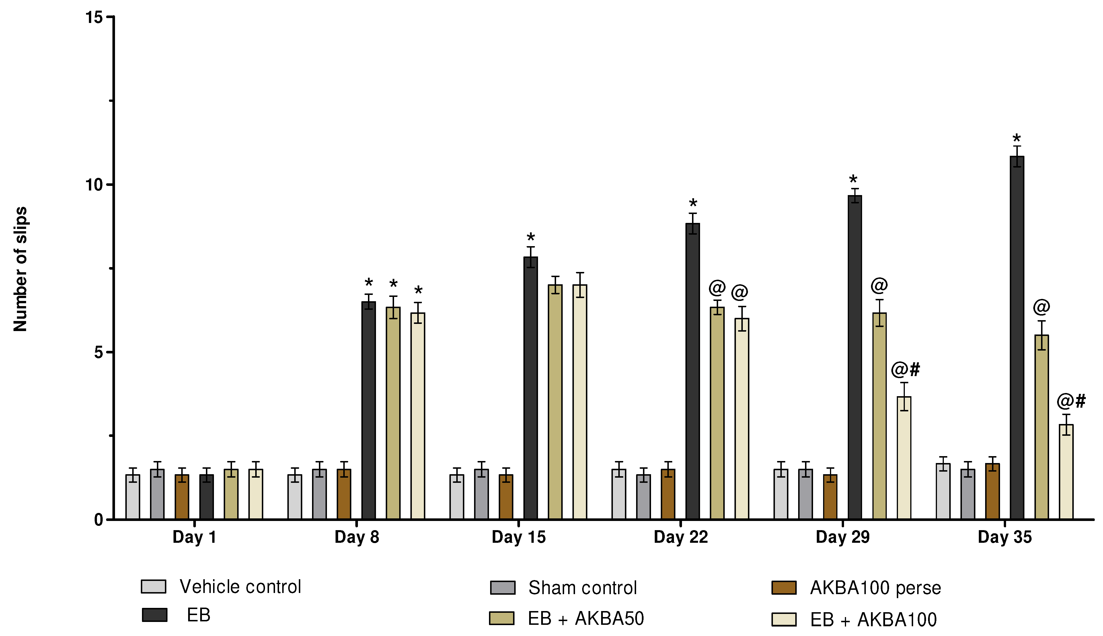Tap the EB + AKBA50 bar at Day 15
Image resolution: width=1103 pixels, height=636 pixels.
click(555, 402)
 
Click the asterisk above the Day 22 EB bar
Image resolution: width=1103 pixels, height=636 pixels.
click(693, 204)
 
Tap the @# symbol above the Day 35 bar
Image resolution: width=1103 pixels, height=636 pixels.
click(1071, 401)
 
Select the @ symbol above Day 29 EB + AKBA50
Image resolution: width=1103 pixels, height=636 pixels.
click(879, 286)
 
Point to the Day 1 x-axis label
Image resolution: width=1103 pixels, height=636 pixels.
click(194, 537)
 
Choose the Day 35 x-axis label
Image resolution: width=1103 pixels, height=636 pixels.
click(1004, 537)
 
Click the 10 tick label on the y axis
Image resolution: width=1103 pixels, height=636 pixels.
click(93, 185)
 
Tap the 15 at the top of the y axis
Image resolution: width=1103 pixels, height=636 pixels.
click(93, 17)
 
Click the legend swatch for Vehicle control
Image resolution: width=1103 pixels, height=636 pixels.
click(153, 586)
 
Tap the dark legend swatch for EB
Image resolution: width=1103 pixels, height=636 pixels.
click(155, 614)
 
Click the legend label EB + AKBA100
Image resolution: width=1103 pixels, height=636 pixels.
click(873, 619)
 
